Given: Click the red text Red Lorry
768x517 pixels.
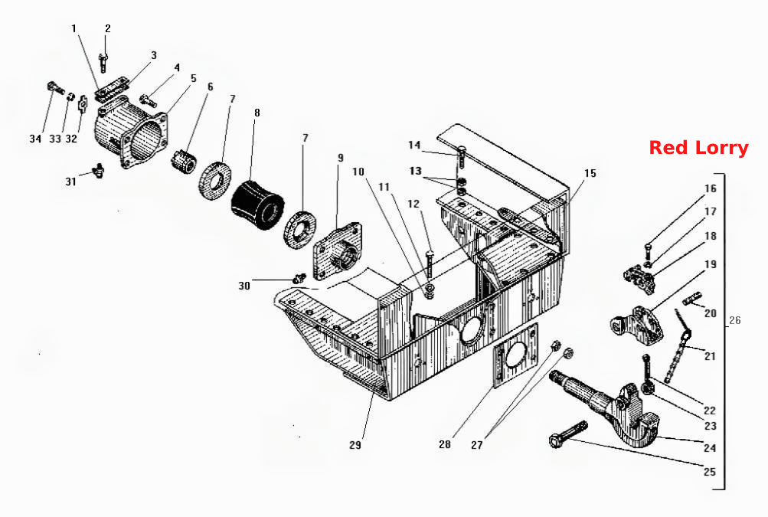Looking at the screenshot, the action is point(698,148).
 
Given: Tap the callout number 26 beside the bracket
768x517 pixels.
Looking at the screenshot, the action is point(735,320).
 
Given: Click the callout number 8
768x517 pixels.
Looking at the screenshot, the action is point(257,113).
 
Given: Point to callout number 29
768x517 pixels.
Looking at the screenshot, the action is point(355,445).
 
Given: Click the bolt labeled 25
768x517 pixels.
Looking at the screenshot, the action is point(568,434).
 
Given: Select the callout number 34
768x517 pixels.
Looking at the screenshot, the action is point(35,139).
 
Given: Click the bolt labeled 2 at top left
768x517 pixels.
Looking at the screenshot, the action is point(103,62).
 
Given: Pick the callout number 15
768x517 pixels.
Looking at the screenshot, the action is point(590,173).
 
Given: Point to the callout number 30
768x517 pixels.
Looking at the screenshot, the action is point(244,286).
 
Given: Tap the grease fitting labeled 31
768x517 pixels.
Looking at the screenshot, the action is point(99,171).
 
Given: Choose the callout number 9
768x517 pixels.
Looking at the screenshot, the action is point(341,158).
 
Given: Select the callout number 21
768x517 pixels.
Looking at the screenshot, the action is point(710,356).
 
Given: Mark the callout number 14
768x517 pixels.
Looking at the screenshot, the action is point(414,145).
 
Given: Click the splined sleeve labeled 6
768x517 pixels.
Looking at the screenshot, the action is point(185,160).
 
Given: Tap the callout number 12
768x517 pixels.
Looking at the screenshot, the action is point(414,204).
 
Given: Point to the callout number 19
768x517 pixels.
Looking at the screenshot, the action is point(711,264).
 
